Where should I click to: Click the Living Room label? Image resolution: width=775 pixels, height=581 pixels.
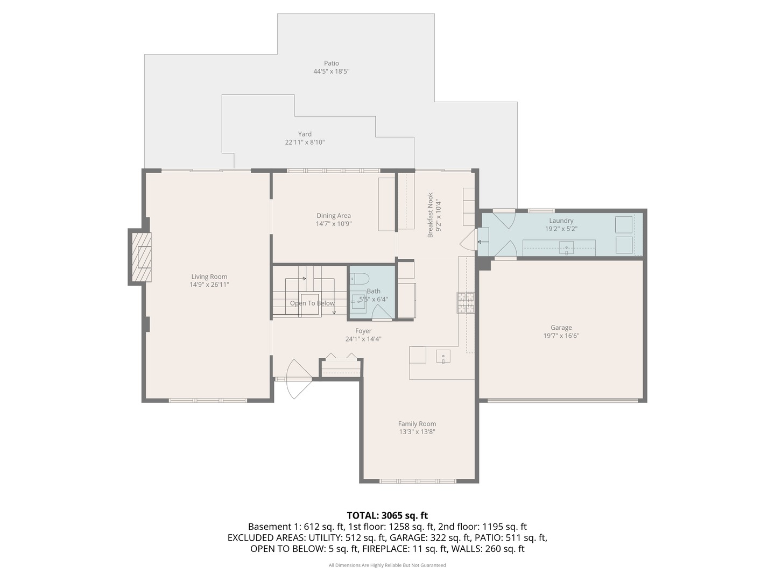point(209,277)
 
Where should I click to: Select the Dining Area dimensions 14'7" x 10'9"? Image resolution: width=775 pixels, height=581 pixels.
point(334,224)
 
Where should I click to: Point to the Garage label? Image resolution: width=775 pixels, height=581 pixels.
point(561,328)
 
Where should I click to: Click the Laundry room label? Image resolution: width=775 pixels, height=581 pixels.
point(561,221)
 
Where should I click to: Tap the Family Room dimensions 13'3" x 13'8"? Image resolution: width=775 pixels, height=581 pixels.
point(417,432)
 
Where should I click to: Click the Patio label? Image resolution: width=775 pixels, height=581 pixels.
point(331,63)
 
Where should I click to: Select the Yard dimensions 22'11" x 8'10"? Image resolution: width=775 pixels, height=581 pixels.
point(305,142)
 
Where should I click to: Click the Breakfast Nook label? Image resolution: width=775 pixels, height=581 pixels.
point(430,215)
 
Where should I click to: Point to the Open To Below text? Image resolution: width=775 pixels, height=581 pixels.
point(312,303)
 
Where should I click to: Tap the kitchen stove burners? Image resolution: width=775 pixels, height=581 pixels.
point(466,303)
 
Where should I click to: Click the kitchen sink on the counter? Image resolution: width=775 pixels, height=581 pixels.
point(443,356)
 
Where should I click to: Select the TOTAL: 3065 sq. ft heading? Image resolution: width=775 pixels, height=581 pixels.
point(387,515)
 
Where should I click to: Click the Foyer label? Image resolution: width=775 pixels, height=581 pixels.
point(363,331)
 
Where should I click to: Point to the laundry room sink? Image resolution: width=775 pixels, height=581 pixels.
point(566,248)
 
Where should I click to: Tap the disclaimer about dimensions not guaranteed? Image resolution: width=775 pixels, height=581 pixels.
point(387,565)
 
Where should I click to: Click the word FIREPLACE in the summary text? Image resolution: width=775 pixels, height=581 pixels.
point(385,549)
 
